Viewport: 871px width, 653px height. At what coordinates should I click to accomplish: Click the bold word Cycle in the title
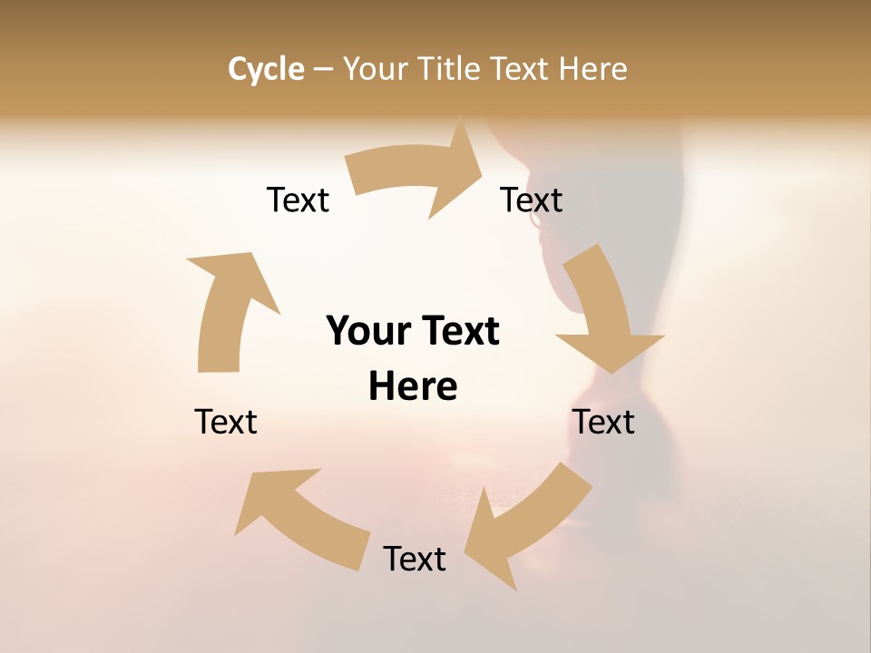click(x=266, y=69)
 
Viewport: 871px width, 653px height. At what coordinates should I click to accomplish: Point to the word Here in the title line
click(x=593, y=69)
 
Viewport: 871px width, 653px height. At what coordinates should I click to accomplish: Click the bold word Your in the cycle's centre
click(x=367, y=331)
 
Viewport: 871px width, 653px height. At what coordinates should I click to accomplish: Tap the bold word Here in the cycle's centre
click(x=413, y=386)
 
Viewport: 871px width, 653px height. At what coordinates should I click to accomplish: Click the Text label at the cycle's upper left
click(x=298, y=200)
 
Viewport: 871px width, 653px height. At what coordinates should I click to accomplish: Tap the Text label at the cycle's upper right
click(x=532, y=200)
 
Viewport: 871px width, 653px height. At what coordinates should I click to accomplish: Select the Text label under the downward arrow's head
click(x=603, y=422)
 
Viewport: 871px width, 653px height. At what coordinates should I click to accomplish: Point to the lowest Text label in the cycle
click(x=415, y=559)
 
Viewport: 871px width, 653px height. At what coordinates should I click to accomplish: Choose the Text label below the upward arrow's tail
click(x=226, y=422)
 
